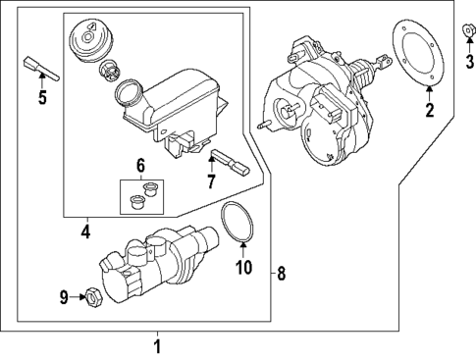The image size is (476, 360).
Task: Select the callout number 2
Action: coord(429,111)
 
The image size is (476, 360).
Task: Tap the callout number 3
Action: coord(468,63)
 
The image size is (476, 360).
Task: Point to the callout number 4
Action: coord(85,232)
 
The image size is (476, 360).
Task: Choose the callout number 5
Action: coord(41,97)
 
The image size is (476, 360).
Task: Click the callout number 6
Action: coord(139,166)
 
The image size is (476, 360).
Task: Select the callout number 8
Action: coord(281,274)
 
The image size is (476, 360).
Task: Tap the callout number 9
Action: coord(63,295)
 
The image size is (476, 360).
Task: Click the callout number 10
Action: coord(244,267)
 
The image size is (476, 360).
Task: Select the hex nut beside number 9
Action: coord(90,294)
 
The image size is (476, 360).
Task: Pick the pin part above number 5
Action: coord(37,68)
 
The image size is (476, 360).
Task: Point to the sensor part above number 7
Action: coord(228,159)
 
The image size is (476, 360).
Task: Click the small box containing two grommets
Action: coord(139,196)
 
